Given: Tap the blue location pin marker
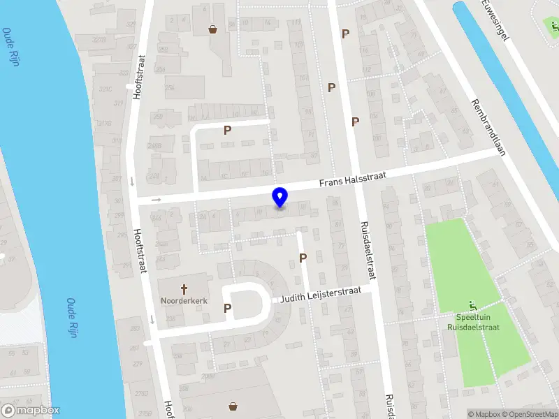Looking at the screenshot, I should pos(280,198).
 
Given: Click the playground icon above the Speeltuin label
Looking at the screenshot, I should pos(474,305).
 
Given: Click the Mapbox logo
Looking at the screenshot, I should pos(31,411).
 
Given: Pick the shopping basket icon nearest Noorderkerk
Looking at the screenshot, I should pos(232,406).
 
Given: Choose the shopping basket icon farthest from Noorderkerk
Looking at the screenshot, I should pos(212,29).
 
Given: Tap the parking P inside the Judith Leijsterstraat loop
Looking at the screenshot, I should pos(227,308).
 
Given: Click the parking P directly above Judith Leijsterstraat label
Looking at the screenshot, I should pos(303,258).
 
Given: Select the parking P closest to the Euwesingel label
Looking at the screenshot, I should pos(345,34).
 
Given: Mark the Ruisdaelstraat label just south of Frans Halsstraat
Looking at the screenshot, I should pos(366,250).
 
